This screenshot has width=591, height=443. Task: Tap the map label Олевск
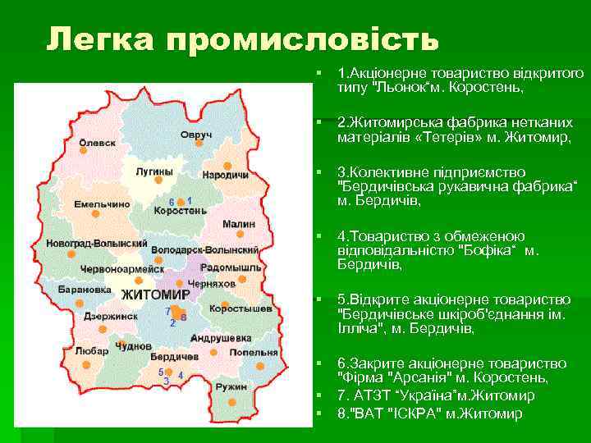point(97,142)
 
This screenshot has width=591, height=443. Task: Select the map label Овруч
point(196,134)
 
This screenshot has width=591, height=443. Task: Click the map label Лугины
point(153,171)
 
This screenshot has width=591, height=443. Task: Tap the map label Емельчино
point(102,203)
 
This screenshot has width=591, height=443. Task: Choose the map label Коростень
point(180,211)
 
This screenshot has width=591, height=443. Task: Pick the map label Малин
point(238,223)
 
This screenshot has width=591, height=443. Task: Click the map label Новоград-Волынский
point(96,245)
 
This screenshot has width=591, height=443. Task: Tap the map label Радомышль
point(231,267)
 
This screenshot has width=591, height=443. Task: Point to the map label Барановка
point(84,289)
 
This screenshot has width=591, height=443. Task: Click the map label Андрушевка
point(220,337)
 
